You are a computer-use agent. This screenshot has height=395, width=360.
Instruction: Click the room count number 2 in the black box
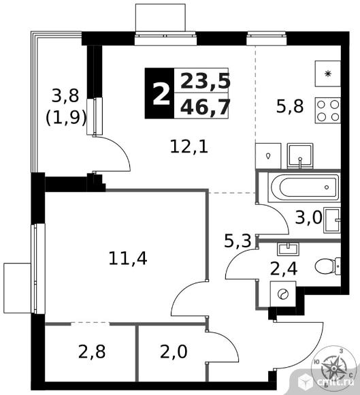[x=161, y=95]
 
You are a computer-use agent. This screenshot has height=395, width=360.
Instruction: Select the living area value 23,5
[x=206, y=81]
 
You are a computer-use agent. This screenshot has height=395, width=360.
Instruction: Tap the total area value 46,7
[x=206, y=107]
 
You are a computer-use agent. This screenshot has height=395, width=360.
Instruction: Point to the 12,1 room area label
[x=189, y=147]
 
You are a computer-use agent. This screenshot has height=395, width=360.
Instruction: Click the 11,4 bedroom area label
[x=128, y=259]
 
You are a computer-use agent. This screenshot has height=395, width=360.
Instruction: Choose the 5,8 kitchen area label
[x=290, y=106]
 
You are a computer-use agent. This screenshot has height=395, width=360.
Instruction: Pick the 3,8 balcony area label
[x=65, y=96]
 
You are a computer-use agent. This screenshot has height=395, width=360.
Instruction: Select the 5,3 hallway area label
[x=238, y=240]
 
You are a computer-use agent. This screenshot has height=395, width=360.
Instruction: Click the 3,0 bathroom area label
[x=309, y=217]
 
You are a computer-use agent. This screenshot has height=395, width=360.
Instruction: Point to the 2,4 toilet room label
[x=284, y=268]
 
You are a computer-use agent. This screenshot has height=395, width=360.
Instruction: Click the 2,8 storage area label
[x=92, y=351]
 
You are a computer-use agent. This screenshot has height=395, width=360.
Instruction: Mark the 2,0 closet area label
[x=174, y=351]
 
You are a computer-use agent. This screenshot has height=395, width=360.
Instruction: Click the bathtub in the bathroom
[x=304, y=187]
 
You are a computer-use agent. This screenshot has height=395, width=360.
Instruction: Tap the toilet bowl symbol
[x=327, y=266]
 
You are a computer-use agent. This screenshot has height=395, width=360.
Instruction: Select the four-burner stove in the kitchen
[x=328, y=110]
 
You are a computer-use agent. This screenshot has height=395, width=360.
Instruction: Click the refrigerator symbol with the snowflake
[x=328, y=74]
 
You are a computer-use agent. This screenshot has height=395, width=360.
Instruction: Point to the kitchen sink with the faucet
[x=300, y=156]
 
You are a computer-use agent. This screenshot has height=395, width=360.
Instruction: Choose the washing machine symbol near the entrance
[x=283, y=294]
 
